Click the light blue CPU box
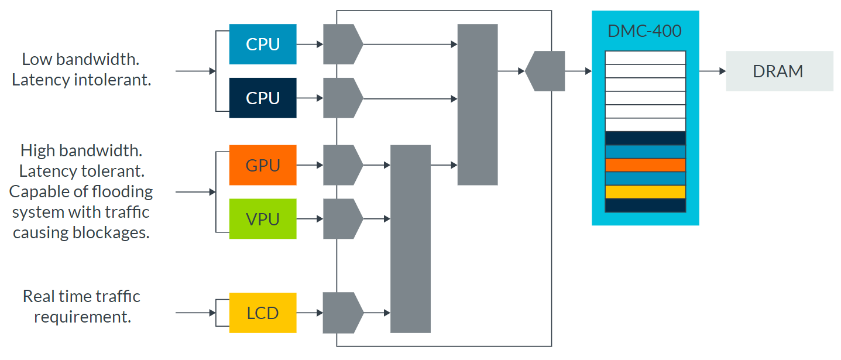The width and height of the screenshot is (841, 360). click(x=263, y=44)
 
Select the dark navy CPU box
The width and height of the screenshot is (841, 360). click(x=263, y=98)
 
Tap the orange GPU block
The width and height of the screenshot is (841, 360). click(x=263, y=165)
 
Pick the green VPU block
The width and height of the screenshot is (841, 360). click(x=263, y=219)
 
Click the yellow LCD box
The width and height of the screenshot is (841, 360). click(x=263, y=313)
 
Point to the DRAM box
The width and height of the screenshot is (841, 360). click(x=779, y=71)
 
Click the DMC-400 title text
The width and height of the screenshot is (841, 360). click(x=645, y=30)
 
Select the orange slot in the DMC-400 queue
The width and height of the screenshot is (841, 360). click(x=645, y=165)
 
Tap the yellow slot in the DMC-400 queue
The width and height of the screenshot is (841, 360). click(x=645, y=192)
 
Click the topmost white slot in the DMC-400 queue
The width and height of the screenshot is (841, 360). click(x=645, y=57)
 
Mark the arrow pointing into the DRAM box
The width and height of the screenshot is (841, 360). click(x=712, y=71)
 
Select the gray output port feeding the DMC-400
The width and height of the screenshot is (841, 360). click(x=545, y=71)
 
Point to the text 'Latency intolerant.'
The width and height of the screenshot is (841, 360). click(x=81, y=80)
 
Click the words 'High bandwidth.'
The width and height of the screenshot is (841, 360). click(x=81, y=150)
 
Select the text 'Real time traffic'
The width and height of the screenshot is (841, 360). click(x=81, y=296)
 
